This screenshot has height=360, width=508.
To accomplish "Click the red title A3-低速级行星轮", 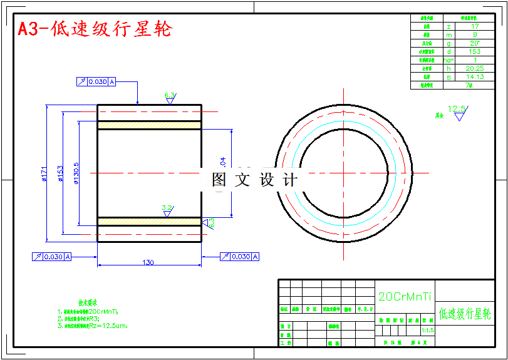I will [x=94, y=29].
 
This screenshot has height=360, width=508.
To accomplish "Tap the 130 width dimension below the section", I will [x=148, y=262].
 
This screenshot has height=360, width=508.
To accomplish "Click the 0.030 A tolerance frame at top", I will [x=96, y=81].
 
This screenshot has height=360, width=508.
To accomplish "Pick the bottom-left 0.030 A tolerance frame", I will [x=52, y=257].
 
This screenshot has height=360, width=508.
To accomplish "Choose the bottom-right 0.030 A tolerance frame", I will [x=239, y=257].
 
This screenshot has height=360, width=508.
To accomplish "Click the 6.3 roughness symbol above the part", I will [x=170, y=97].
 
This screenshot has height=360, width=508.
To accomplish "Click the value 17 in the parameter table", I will [x=474, y=26].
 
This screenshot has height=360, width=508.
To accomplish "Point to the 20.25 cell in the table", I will [x=474, y=68].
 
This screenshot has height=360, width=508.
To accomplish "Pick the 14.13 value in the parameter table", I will [x=474, y=77].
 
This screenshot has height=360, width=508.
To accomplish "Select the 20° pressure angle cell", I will [x=474, y=43].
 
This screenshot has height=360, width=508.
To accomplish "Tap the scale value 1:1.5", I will [x=428, y=330].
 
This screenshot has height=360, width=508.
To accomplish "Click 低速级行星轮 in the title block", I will [x=465, y=314].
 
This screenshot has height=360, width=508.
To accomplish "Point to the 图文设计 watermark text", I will [x=254, y=180].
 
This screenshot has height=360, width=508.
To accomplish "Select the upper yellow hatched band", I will [x=149, y=125].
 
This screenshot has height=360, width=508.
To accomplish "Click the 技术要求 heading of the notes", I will [x=87, y=302].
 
